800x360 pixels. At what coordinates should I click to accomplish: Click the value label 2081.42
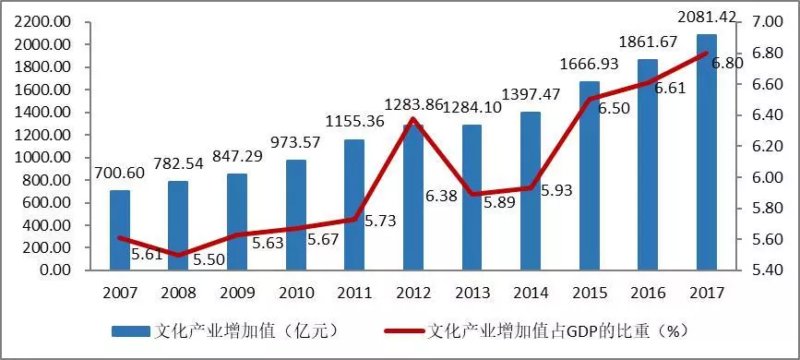(706, 17)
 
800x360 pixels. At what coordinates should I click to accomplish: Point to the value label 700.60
(119, 173)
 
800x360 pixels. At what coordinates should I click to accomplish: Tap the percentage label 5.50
(208, 261)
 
